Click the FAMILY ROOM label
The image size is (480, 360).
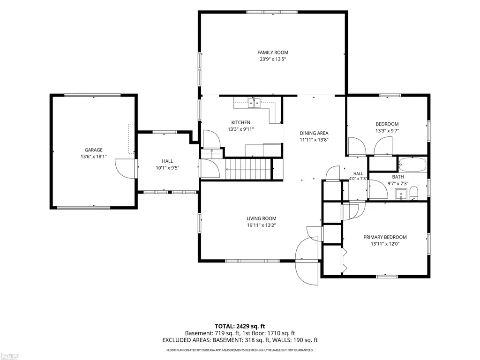(x=272, y=52)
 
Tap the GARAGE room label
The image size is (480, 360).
(x=94, y=150)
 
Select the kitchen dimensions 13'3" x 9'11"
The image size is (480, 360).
(x=240, y=129)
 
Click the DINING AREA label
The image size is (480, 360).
(x=314, y=133)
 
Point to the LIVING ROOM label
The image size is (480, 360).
(x=262, y=218)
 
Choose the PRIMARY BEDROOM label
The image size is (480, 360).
(x=385, y=237)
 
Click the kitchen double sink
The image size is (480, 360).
(x=254, y=103)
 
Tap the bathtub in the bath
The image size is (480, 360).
(x=412, y=165)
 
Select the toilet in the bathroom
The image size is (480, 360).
(x=413, y=193)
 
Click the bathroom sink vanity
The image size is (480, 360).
(x=401, y=194)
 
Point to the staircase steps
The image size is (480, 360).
(x=248, y=169)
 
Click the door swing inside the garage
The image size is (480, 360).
(x=125, y=168)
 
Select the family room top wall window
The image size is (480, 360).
(x=272, y=12)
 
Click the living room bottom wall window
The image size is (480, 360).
(x=253, y=261)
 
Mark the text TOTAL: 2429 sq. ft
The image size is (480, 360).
(x=240, y=326)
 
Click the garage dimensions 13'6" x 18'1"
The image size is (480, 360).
(x=94, y=157)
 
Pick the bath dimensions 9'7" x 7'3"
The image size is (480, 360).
(x=398, y=184)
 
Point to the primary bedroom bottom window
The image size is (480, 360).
(x=387, y=277)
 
